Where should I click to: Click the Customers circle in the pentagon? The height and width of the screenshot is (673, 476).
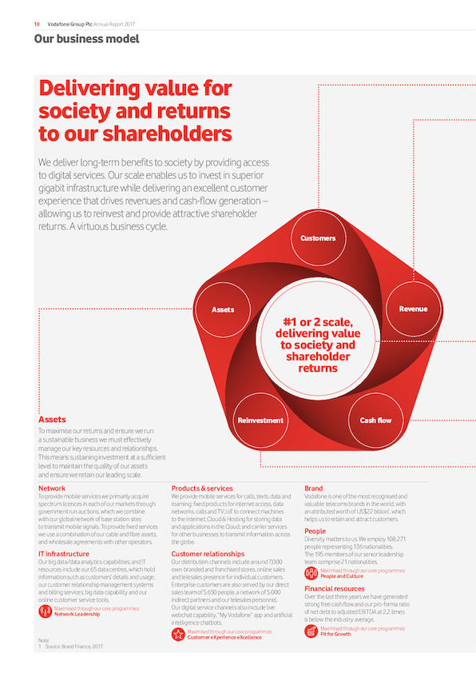point(318,237)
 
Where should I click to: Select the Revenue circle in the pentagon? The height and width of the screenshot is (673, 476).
point(414,309)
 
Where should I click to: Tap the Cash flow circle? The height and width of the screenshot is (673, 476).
point(375,420)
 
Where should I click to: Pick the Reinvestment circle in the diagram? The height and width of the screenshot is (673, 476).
point(260,420)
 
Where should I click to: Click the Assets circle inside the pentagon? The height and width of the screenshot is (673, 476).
point(223,309)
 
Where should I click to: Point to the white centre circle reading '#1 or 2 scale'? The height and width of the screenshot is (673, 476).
point(318,339)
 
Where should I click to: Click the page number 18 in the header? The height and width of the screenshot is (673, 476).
point(37,24)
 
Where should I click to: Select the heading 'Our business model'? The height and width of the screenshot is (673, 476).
point(86,39)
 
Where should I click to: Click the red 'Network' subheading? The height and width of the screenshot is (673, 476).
point(52,488)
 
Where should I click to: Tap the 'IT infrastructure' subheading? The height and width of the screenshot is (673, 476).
point(64,554)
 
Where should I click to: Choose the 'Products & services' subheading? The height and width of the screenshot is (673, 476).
point(202,488)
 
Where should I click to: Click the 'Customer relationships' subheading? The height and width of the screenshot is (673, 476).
point(208,554)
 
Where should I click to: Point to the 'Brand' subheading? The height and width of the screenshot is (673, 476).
point(314,488)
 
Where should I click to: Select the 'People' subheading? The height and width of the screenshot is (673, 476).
point(315,531)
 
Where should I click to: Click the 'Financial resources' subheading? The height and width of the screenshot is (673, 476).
point(335,588)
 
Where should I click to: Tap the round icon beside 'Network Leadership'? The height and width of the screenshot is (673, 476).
point(45,611)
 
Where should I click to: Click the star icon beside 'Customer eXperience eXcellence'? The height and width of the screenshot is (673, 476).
point(178,634)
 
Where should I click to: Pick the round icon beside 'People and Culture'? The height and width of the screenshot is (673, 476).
point(311,573)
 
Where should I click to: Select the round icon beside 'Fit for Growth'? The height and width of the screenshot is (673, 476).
point(311,631)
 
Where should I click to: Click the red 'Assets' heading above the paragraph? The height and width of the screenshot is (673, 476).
point(53,420)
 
